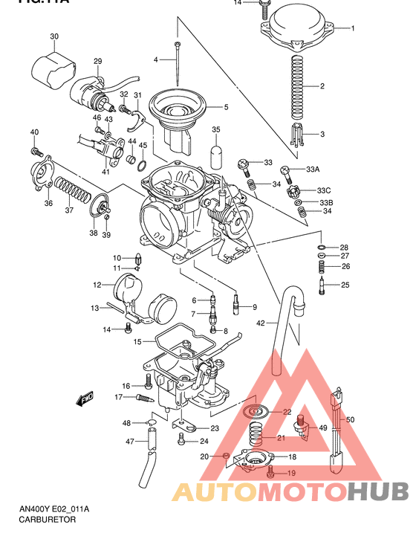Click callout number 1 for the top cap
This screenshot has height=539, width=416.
[353, 28]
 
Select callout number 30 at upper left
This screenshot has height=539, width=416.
[54, 36]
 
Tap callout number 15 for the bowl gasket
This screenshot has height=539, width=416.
[137, 341]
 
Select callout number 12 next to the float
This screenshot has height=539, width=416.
[97, 285]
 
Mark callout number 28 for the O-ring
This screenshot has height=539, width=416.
[344, 247]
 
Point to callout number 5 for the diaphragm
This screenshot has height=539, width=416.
[226, 107]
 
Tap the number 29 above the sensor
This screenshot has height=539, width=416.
[97, 61]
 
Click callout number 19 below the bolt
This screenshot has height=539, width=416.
[291, 473]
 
